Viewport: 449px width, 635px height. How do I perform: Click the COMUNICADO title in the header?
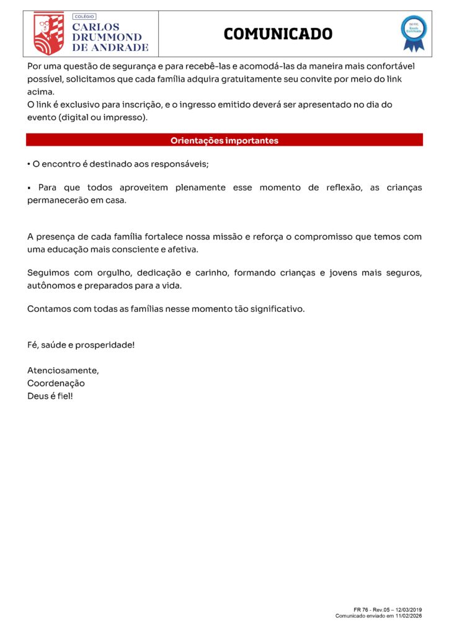click(278, 33)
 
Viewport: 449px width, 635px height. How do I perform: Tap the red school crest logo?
click(48, 33)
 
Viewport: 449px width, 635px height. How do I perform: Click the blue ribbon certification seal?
click(414, 33)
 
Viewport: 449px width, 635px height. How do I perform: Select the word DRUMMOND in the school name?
click(107, 37)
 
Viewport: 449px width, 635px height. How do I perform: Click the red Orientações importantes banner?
click(225, 141)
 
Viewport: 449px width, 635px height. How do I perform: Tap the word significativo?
click(277, 308)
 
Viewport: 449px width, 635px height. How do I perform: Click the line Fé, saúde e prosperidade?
click(81, 344)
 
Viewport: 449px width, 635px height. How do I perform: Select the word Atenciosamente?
click(63, 370)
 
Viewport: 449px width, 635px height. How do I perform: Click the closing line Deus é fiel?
click(50, 396)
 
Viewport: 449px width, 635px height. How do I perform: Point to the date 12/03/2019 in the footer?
click(409, 610)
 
